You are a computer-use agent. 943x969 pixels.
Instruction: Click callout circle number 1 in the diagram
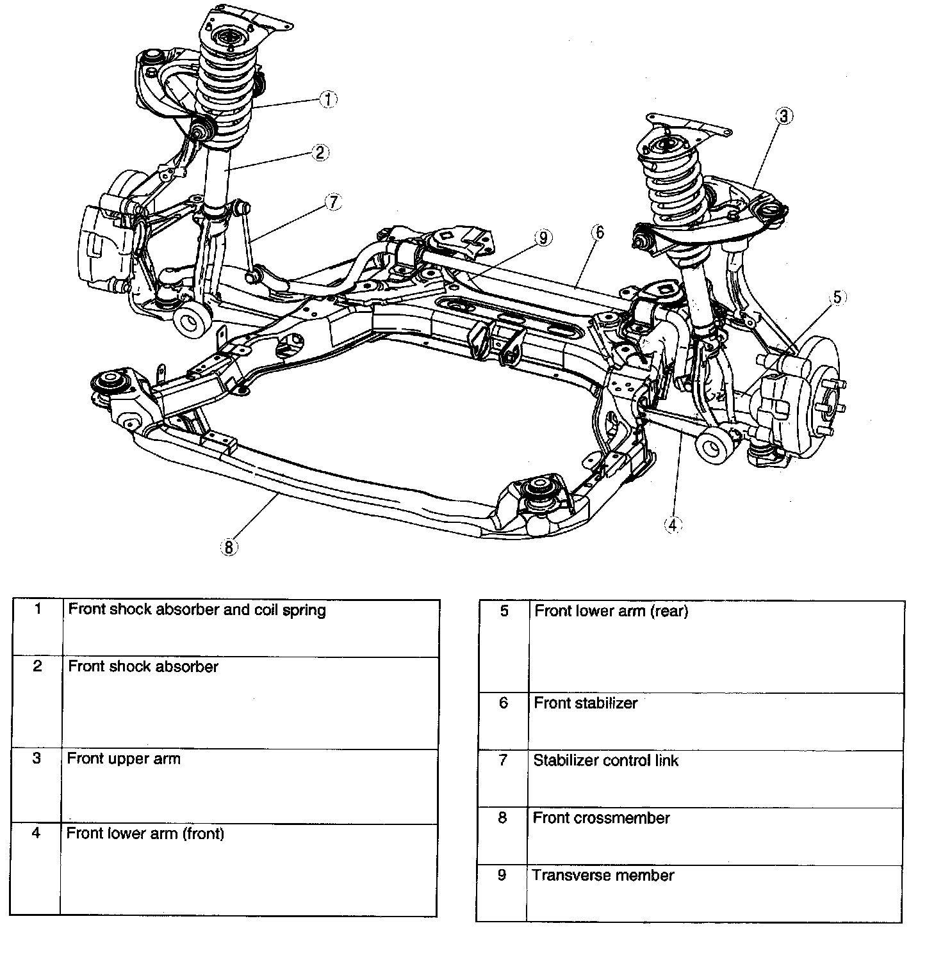pos(328,99)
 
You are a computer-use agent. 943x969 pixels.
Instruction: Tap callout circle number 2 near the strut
pos(320,152)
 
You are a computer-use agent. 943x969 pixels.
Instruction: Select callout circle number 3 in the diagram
pos(784,116)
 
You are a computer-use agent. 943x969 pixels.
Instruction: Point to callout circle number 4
pos(672,525)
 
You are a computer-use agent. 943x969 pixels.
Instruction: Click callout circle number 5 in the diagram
pos(839,298)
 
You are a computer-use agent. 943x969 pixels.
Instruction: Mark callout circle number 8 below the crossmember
pos(229,547)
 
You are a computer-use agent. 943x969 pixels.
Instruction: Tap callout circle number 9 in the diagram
pos(543,238)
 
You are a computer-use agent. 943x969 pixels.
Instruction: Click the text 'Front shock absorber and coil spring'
pos(197,610)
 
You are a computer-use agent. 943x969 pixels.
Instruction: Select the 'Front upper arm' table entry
pos(124,759)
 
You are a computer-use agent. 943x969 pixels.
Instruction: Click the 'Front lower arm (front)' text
pos(145,834)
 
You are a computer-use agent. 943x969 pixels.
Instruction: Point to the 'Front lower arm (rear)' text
pos(611,611)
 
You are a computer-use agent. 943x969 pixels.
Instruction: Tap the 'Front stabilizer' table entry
pos(586,703)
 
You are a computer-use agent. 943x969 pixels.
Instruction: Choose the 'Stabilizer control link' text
pos(605,761)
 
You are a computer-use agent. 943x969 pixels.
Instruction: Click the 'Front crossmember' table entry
pos(601,819)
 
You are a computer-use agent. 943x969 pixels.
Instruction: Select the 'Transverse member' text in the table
pos(603,876)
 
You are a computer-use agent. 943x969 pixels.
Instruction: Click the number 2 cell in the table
pos(37,667)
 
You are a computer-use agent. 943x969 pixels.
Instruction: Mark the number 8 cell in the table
pos(502,818)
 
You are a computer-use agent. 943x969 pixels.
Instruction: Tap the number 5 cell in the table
pos(504,611)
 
